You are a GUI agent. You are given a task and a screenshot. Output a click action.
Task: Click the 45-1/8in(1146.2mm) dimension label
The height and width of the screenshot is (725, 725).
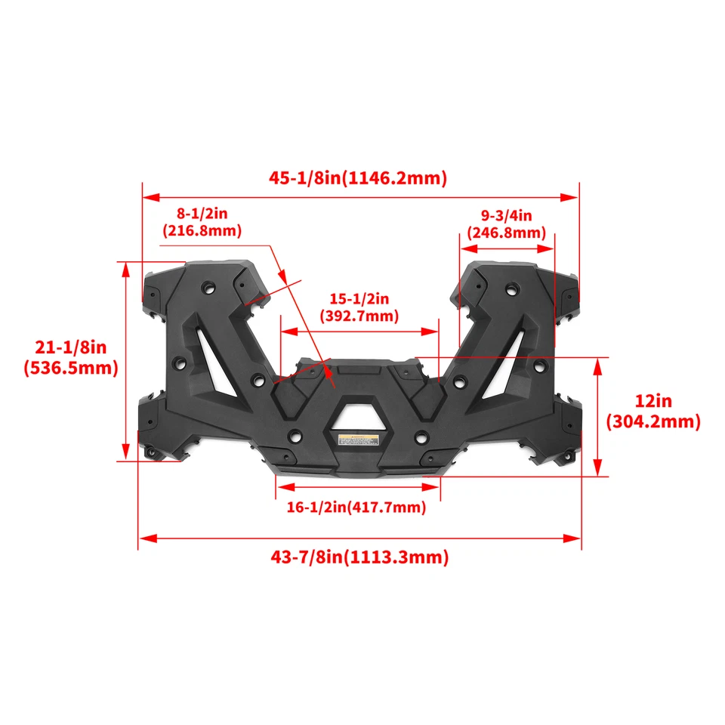359,177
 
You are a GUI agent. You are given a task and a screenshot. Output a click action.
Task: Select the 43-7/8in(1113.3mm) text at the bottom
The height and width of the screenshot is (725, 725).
359,557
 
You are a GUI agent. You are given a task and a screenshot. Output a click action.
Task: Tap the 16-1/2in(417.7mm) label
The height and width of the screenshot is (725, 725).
356,507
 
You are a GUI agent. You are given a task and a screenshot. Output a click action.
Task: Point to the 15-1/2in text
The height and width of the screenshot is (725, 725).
359,299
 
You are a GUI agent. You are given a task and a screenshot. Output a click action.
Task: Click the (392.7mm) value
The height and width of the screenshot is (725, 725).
359,316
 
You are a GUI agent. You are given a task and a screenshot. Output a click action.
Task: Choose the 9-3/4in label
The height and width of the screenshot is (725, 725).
506,217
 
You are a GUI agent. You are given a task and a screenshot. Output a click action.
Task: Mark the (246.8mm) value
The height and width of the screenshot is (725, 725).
506,233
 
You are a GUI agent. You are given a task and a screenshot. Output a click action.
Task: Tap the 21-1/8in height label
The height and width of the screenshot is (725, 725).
72,347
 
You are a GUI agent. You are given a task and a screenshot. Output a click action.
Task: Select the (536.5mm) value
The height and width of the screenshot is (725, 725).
72,368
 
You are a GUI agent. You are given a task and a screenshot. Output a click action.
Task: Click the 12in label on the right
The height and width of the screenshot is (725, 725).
653,401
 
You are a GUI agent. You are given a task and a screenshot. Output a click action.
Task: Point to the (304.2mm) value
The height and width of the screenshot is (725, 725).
653,421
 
